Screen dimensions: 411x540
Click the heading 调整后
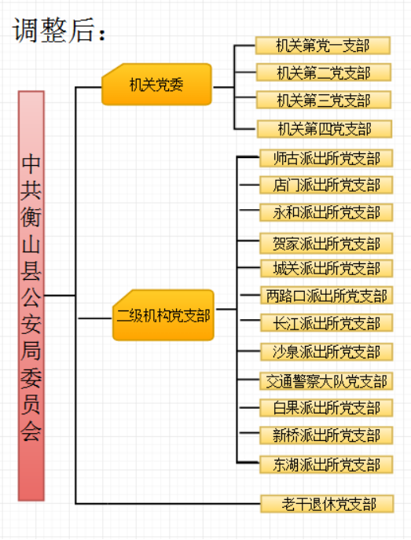[58, 31]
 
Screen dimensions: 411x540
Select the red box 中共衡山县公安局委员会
[31, 296]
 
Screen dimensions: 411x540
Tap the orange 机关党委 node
[156, 84]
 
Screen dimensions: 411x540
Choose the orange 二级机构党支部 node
[163, 315]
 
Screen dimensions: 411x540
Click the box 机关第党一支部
[323, 46]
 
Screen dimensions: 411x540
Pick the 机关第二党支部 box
[324, 72]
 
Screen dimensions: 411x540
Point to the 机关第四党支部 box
[325, 129]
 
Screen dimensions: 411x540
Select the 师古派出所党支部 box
[326, 159]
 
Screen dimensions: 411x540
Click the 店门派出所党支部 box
[326, 185]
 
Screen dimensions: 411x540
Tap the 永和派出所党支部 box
[326, 212]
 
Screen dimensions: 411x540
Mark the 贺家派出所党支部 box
[326, 244]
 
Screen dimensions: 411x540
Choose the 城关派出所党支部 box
[327, 268]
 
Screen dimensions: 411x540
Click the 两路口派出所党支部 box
[327, 296]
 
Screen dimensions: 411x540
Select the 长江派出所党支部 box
[327, 323]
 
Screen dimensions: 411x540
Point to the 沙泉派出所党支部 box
[327, 352]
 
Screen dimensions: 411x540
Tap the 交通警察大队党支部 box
[326, 381]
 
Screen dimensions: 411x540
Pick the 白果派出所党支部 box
[326, 408]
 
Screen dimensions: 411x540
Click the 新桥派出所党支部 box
[326, 435]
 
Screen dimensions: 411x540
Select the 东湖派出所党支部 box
[326, 465]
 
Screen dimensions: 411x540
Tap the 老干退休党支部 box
[328, 504]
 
